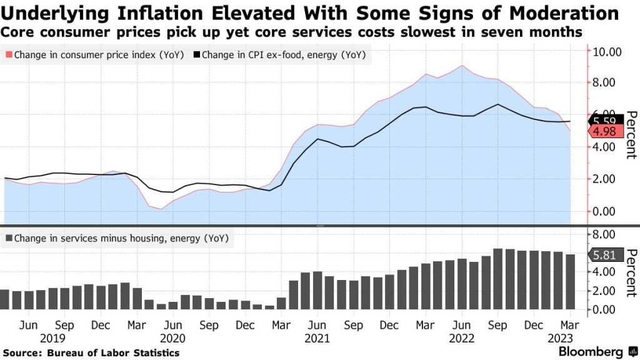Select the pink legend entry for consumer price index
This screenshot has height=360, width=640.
click(x=94, y=55)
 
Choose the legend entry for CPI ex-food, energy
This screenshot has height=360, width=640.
click(x=280, y=55)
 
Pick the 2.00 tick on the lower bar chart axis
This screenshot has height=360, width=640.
click(x=606, y=291)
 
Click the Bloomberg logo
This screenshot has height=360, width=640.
click(x=590, y=351)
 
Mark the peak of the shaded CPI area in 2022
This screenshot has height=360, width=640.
click(x=461, y=66)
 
